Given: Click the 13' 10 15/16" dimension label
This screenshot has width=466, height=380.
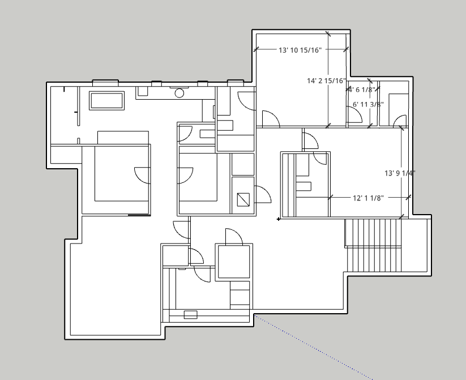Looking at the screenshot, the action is click(300, 50).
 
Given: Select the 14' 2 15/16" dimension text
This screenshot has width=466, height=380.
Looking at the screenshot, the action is click(326, 80).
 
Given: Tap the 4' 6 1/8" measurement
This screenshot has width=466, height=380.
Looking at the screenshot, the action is click(362, 89).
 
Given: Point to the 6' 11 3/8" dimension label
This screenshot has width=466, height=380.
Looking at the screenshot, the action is click(368, 104).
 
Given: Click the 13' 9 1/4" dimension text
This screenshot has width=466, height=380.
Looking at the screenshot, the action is click(400, 173).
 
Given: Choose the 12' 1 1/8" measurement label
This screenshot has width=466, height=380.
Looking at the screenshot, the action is click(368, 198).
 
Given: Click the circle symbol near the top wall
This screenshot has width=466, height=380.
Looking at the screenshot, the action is click(179, 93).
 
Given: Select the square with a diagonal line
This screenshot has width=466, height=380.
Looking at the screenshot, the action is click(243, 199).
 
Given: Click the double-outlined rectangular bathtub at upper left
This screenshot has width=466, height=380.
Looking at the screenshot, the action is click(106, 100).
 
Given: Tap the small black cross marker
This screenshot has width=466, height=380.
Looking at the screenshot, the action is click(278, 219).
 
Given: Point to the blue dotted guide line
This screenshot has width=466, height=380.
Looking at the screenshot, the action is click(313, 347).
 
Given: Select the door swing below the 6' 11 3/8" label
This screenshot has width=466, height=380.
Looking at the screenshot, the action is click(355, 114).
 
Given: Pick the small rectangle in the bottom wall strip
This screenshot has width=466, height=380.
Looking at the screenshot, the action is click(190, 314).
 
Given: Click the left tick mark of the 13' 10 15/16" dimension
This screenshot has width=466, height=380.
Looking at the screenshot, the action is click(256, 49).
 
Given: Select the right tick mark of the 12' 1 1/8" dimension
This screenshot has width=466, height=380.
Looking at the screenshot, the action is click(408, 197).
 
